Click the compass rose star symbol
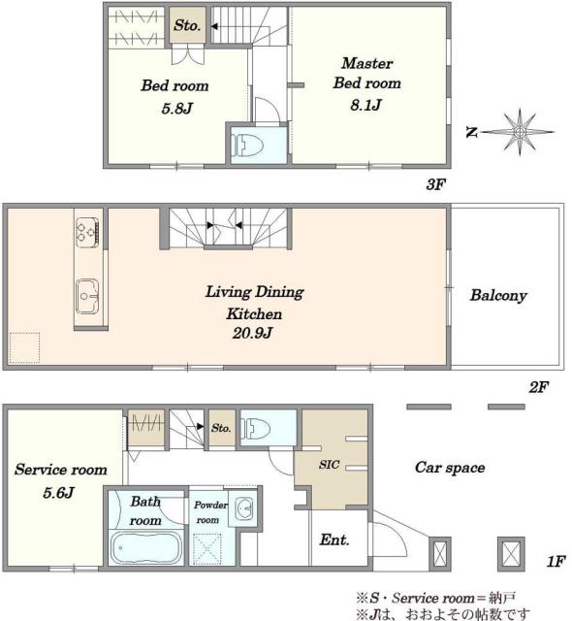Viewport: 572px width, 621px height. click(x=520, y=132)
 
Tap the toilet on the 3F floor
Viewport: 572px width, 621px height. click(x=247, y=146)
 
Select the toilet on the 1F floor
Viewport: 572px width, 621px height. click(x=256, y=429)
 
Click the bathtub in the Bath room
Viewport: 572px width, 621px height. click(x=145, y=547)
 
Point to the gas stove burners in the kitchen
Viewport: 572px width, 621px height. click(x=87, y=232)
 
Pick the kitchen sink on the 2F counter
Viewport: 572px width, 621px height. click(x=87, y=296)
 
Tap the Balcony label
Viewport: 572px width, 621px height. click(x=498, y=295)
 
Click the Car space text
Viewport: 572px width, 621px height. click(x=450, y=468)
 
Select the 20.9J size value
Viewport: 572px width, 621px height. click(x=252, y=333)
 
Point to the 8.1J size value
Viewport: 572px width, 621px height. click(x=365, y=105)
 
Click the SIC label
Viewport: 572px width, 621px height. click(x=329, y=464)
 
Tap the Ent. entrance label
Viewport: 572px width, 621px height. click(x=334, y=539)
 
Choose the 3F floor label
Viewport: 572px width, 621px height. click(x=436, y=184)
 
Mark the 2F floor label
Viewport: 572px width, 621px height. click(x=539, y=387)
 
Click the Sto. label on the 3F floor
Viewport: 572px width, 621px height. click(x=187, y=25)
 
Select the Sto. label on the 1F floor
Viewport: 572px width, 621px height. click(x=221, y=428)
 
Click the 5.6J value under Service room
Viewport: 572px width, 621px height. click(x=58, y=493)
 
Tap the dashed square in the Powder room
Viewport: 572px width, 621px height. click(x=207, y=549)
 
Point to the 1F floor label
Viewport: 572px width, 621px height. click(x=556, y=561)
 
